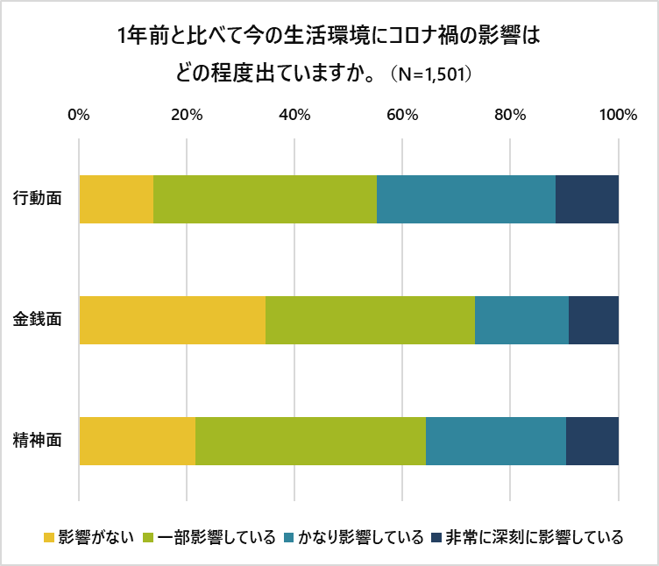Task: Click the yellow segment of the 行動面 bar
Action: point(117,199)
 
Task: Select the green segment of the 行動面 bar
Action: point(265,199)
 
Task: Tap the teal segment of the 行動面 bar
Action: point(465,199)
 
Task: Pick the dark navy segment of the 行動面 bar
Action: point(586,199)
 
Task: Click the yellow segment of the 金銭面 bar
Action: point(173,320)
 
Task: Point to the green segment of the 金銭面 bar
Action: point(370,320)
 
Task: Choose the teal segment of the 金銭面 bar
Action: point(521,320)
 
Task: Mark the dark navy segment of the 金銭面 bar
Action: point(593,320)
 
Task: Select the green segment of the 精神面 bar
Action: point(310,441)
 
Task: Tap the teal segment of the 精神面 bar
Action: point(495,441)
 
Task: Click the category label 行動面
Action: point(38,199)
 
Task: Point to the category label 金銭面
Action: point(38,320)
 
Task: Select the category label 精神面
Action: point(38,441)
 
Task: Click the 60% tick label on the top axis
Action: point(402,115)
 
